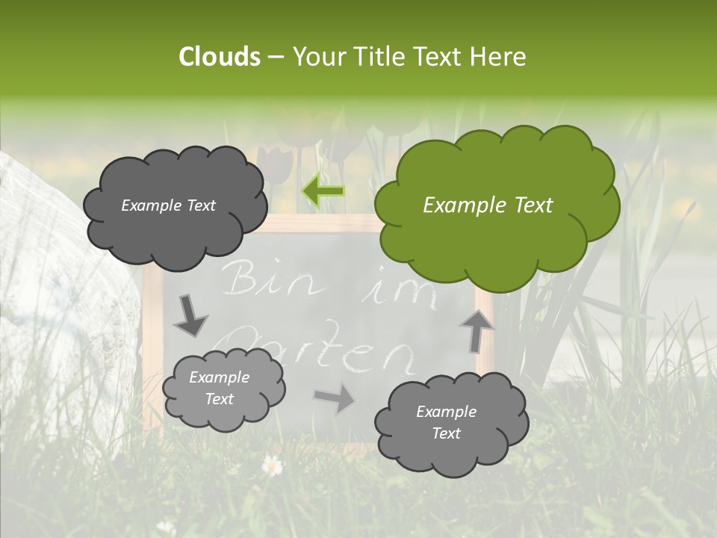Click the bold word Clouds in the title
pos(220,57)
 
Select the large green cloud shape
pos(496,202)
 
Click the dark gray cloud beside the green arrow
pos(174,205)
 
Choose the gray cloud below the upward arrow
pos(451,423)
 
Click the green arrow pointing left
pos(323,191)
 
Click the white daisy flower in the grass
pos(273,466)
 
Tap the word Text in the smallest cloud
pos(220,399)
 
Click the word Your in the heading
pos(318,57)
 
